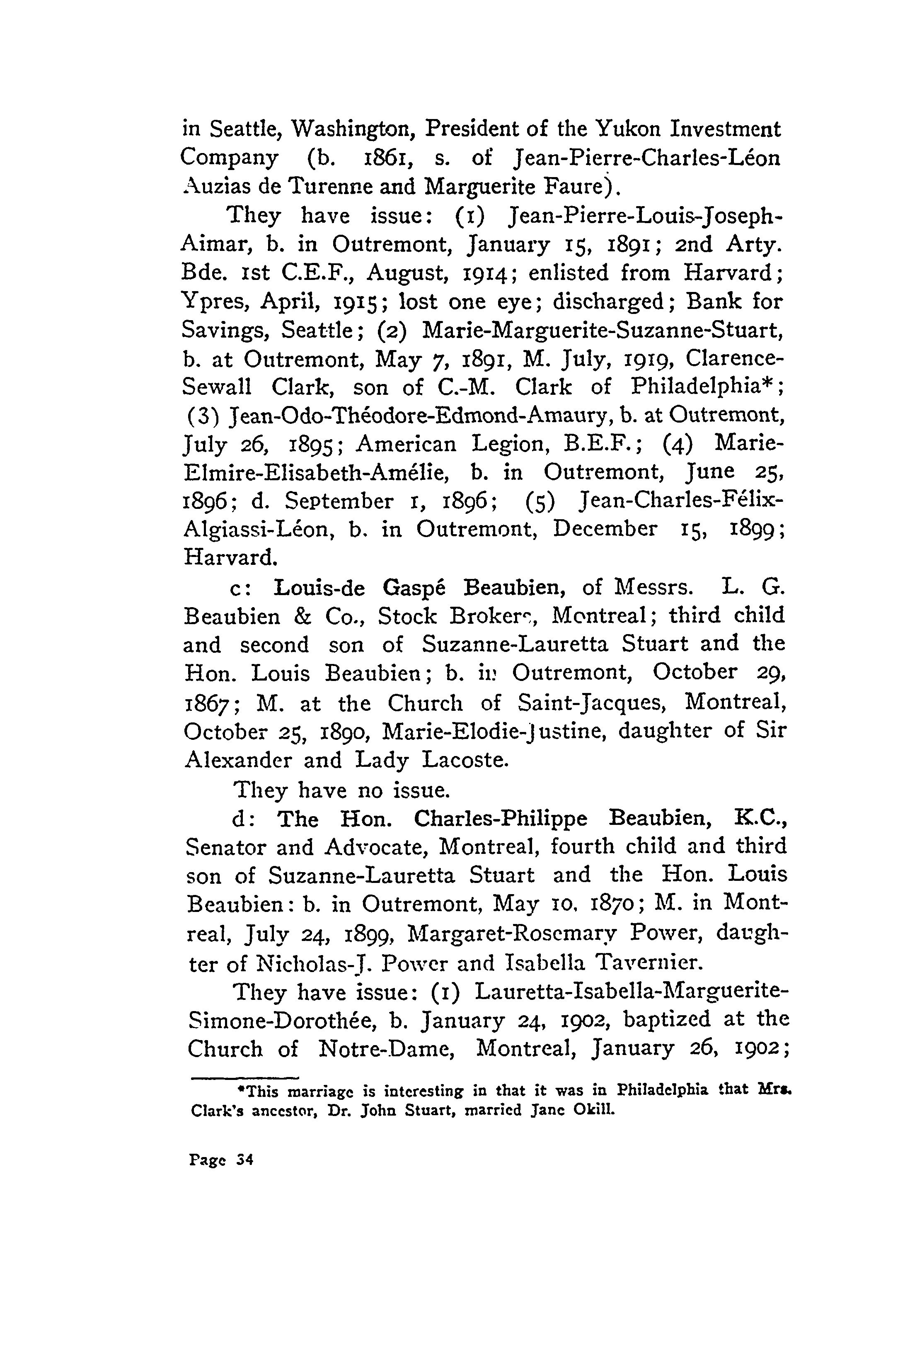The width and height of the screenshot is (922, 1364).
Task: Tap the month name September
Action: tap(339, 501)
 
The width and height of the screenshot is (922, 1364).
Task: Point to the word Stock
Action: tap(405, 616)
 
